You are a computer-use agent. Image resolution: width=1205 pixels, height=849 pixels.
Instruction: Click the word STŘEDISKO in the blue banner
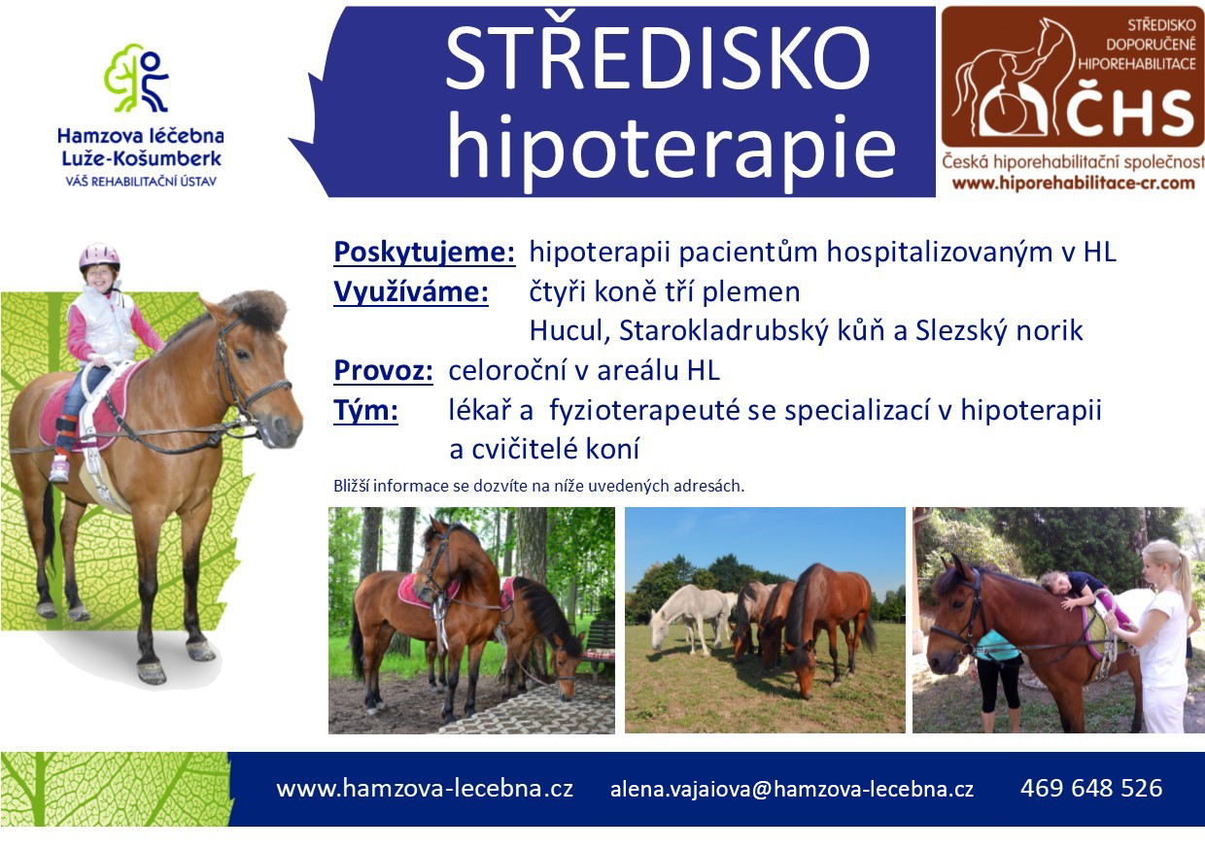[657, 58]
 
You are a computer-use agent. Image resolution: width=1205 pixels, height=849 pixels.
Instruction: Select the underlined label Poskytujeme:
[425, 253]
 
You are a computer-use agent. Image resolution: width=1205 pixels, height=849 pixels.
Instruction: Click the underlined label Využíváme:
[411, 291]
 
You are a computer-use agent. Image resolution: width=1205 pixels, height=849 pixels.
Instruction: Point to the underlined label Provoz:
[383, 370]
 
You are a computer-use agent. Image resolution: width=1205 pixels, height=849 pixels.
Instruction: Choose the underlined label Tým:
[365, 410]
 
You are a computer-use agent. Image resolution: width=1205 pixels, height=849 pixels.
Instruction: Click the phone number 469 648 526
[1091, 788]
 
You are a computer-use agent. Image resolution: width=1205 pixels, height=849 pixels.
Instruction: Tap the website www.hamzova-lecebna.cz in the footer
[425, 789]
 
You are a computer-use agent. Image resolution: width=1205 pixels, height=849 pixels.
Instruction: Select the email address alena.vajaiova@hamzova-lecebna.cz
[791, 789]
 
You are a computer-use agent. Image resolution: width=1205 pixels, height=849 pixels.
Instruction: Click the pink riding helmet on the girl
[99, 256]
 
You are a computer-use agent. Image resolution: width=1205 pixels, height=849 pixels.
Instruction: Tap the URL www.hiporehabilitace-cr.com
[1073, 183]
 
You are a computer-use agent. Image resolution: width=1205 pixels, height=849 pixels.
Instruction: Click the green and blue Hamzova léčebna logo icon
[136, 79]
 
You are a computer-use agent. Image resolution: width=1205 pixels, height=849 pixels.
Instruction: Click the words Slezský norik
[998, 330]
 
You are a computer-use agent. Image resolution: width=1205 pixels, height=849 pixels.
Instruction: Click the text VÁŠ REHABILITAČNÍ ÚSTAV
[141, 182]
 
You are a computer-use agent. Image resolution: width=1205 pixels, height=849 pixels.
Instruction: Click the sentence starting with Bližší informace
[539, 486]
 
